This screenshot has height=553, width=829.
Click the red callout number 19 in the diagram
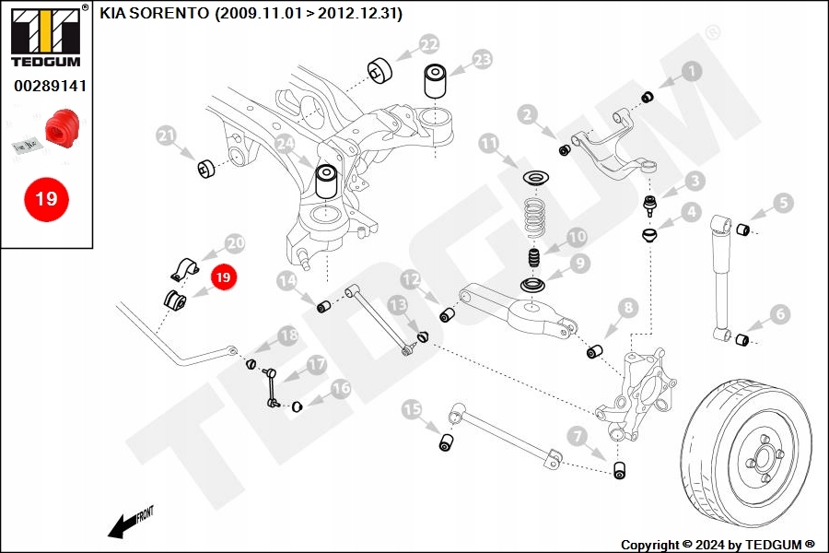coord(224,276)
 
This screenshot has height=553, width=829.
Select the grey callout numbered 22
coord(428,44)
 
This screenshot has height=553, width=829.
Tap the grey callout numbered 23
coord(482,61)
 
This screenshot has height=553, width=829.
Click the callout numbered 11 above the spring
coord(488,143)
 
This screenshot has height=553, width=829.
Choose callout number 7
coord(578,435)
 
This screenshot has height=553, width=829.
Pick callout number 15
coord(412,408)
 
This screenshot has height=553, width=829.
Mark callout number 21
coord(166,137)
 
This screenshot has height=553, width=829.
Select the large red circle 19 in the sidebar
coord(46,197)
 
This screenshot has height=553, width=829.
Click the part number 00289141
coord(50,86)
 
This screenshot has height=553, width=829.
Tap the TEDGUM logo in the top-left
coord(46,37)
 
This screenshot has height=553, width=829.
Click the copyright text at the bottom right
coord(718,545)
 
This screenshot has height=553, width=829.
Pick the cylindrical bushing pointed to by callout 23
coord(437,81)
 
